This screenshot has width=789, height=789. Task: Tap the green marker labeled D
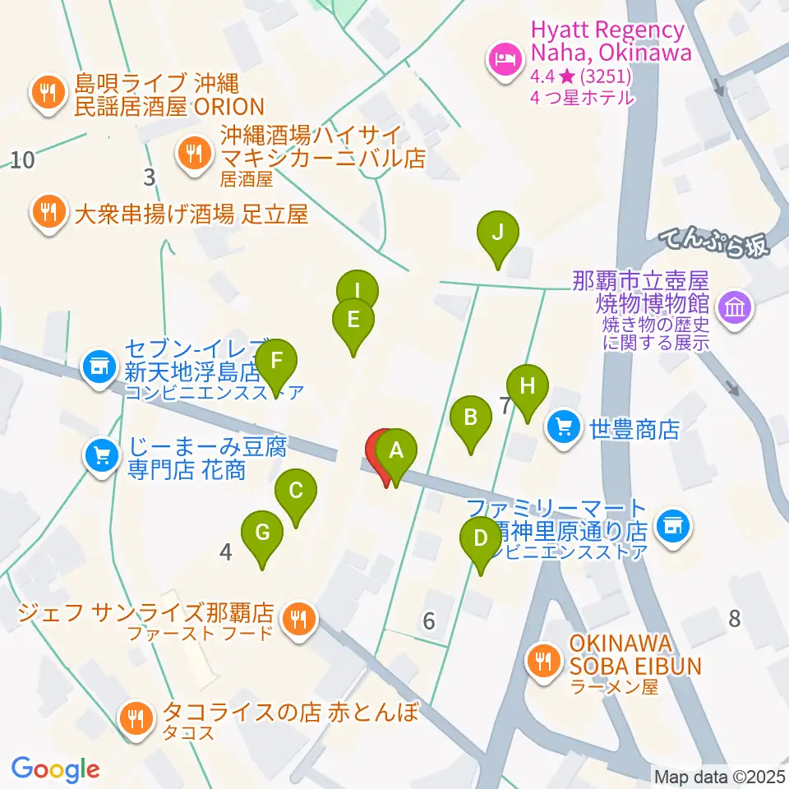(x=481, y=540)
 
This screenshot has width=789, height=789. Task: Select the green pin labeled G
(x=262, y=533)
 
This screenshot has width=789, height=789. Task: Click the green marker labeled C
(x=296, y=492)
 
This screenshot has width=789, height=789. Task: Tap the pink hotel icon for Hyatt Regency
(x=504, y=59)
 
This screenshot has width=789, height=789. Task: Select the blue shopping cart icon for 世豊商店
(x=564, y=427)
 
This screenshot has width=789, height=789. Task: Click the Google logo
(x=56, y=768)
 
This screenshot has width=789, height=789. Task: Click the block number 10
(x=22, y=159)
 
